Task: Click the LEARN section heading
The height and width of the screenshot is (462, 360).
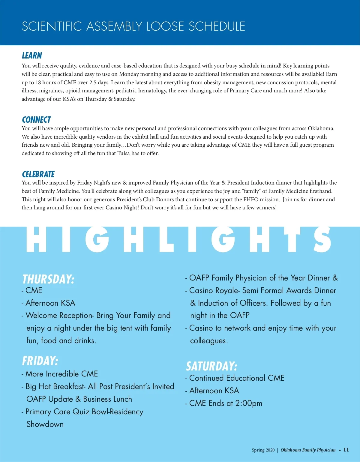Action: click(32, 55)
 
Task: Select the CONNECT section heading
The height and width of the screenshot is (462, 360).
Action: click(36, 120)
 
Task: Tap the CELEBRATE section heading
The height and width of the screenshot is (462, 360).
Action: click(38, 174)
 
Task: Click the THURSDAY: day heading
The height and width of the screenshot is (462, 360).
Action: click(48, 279)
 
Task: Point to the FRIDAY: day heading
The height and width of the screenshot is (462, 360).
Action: click(40, 361)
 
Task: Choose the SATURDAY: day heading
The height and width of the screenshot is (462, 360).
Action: click(211, 366)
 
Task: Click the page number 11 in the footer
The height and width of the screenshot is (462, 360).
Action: click(346, 450)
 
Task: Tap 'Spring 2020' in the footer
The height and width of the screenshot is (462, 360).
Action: click(263, 450)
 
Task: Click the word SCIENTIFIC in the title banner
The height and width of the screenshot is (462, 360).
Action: click(52, 26)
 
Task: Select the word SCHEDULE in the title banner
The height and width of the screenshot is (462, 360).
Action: click(217, 26)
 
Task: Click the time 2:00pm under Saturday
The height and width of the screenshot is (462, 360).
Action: click(249, 403)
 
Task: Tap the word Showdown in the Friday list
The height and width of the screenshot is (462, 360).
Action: click(45, 424)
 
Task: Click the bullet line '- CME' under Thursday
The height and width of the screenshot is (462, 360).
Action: click(32, 290)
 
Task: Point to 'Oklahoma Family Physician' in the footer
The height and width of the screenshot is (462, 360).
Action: click(308, 450)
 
